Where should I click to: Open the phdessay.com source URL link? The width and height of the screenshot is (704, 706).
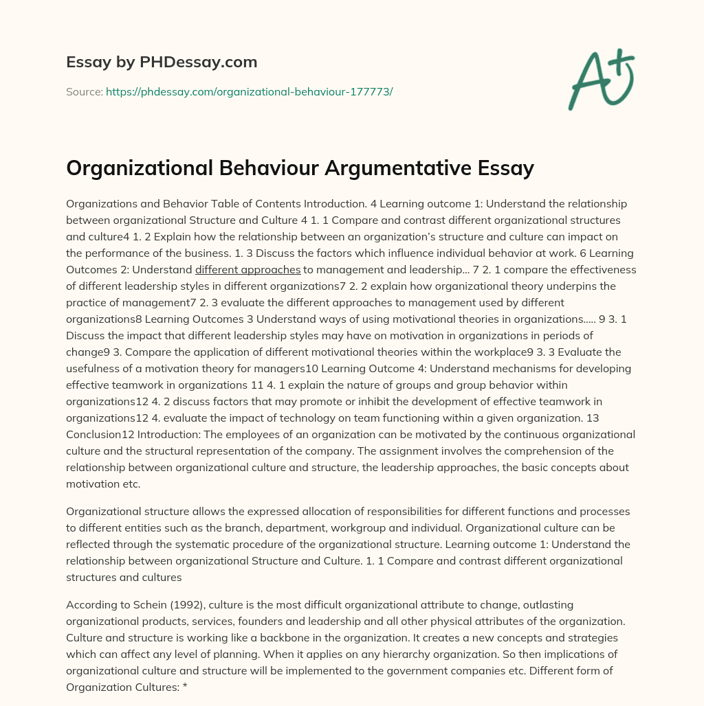(249, 91)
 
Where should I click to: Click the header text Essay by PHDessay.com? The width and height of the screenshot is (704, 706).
(162, 62)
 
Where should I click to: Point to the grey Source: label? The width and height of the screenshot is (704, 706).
(84, 91)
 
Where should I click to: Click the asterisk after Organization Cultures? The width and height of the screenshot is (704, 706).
(185, 687)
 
